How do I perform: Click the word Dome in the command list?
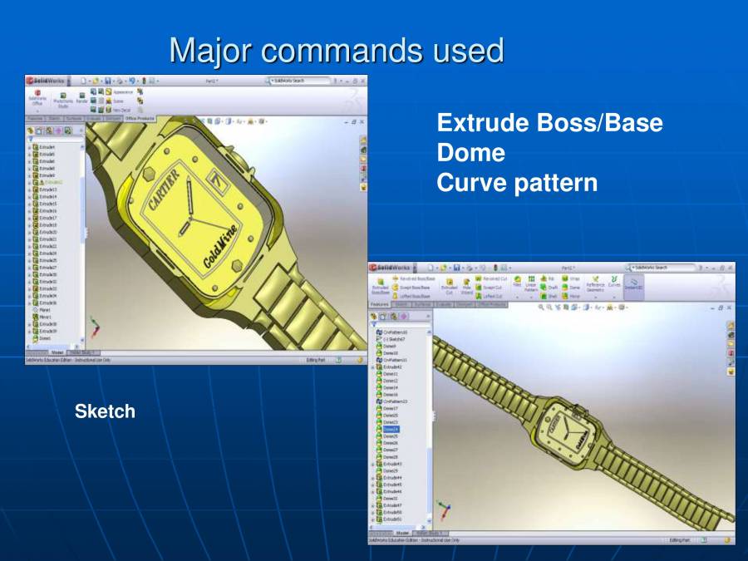(470, 153)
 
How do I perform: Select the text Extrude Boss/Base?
(549, 124)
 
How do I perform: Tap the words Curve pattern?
(516, 183)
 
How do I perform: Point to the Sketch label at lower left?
(105, 411)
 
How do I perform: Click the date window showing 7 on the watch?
(219, 179)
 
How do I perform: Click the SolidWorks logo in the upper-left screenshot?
(47, 81)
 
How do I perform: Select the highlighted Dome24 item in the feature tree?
(391, 430)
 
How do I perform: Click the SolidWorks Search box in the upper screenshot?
(296, 81)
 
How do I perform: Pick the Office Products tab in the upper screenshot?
(140, 119)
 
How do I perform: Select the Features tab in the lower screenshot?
(379, 305)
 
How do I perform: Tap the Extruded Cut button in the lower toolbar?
(448, 286)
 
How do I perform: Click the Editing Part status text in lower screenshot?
(679, 539)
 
